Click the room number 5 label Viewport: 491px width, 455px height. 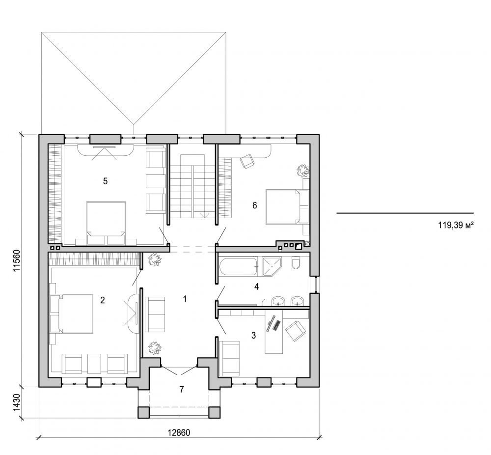[x=105, y=181]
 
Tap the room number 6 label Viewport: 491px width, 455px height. [x=254, y=205]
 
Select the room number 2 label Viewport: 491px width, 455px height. [x=102, y=300]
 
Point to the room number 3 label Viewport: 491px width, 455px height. [x=253, y=336]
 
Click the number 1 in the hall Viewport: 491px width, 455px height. [x=185, y=299]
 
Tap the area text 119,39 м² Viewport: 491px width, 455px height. [x=455, y=227]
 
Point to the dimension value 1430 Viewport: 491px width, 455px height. [x=16, y=402]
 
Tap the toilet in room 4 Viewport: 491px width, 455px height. [x=296, y=265]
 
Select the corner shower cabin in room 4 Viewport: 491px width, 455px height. [x=271, y=266]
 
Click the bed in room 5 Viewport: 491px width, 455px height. [x=106, y=221]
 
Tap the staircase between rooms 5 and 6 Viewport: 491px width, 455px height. [x=192, y=189]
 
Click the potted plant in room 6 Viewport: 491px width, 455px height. [x=302, y=171]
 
